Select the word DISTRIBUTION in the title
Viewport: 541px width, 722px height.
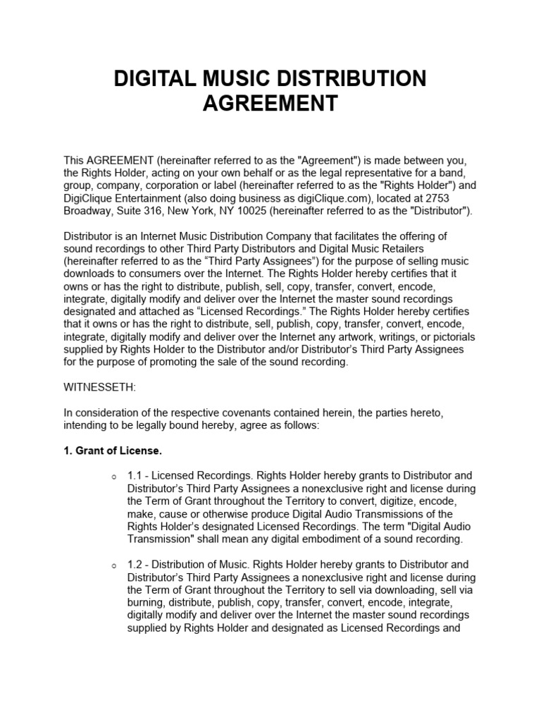point(351,79)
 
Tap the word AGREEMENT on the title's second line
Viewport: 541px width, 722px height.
point(270,104)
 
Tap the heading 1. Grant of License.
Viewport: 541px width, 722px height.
point(113,450)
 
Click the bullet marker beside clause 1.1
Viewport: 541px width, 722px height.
point(114,476)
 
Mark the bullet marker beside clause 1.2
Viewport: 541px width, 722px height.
point(114,565)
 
